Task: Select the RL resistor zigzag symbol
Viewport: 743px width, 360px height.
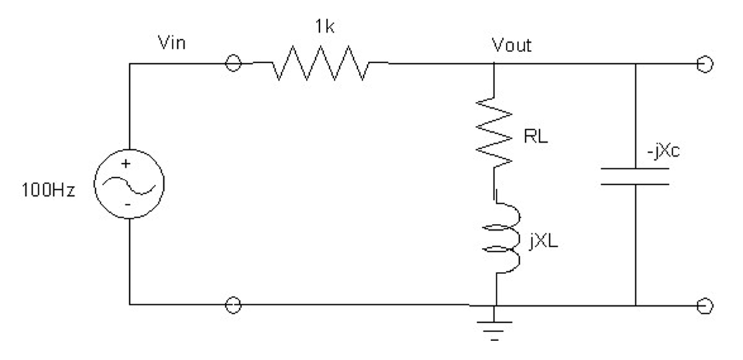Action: coord(494,130)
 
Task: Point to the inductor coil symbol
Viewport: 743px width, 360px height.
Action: coord(494,237)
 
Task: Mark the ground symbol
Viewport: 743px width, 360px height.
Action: coord(494,327)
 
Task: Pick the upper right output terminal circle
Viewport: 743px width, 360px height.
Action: coord(708,65)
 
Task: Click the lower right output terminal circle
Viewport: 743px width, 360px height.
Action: coord(708,305)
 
